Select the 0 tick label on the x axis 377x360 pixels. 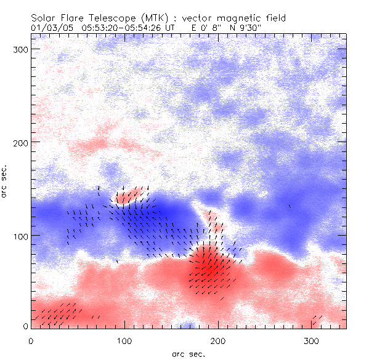pos(31,339)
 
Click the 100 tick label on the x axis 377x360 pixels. pos(124,339)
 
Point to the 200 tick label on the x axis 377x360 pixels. pos(218,339)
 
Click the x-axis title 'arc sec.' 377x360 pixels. pos(188,353)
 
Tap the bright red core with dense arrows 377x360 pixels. pos(210,268)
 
